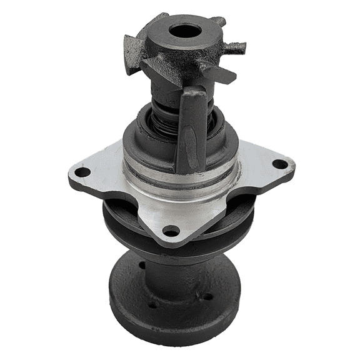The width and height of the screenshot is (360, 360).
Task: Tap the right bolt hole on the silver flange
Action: coord(280,164)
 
